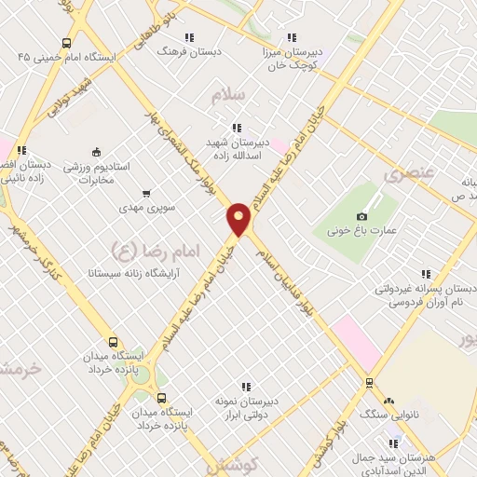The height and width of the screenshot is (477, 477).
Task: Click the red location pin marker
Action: (239, 219)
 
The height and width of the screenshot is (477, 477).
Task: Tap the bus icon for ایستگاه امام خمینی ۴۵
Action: (66, 43)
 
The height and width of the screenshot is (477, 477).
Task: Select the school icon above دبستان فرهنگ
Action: (189, 38)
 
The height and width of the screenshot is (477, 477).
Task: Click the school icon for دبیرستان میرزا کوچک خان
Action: (292, 38)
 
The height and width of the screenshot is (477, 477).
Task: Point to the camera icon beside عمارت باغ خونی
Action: (361, 217)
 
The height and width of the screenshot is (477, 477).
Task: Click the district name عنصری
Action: (408, 174)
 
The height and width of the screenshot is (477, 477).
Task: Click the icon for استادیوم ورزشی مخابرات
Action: (96, 152)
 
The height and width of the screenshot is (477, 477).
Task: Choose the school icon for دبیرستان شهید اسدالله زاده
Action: (237, 128)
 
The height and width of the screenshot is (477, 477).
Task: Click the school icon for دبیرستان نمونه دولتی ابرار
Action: (246, 386)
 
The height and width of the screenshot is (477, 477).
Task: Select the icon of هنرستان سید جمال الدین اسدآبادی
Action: (395, 442)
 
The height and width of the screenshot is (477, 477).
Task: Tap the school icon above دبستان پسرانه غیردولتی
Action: (426, 274)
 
